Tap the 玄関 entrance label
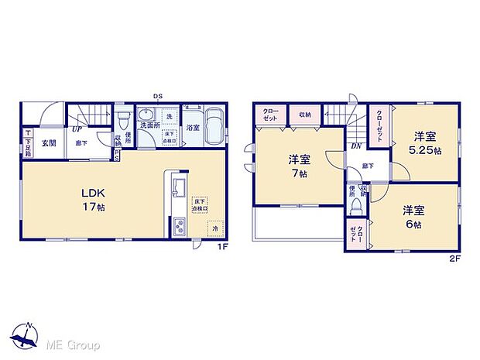pyautogui.click(x=48, y=143)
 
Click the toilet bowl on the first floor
pyautogui.click(x=123, y=121)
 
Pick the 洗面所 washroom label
pyautogui.click(x=149, y=125)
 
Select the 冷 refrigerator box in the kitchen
pyautogui.click(x=214, y=229)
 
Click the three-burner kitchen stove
pyautogui.click(x=178, y=228)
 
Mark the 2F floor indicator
pyautogui.click(x=455, y=259)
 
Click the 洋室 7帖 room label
pyautogui.click(x=299, y=166)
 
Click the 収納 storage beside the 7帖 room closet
pyautogui.click(x=304, y=115)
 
